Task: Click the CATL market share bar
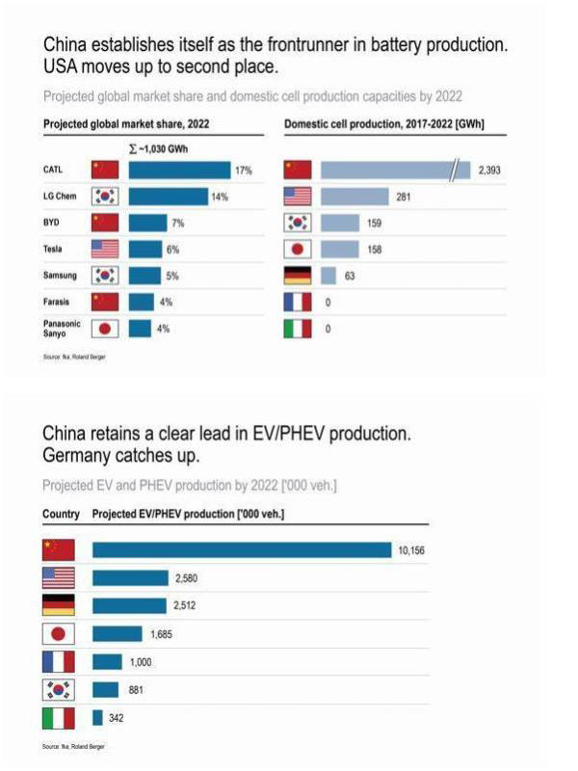click(x=179, y=171)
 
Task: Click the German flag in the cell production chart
click(x=299, y=276)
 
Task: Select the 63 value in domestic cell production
click(x=351, y=276)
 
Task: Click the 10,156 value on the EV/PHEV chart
click(x=410, y=549)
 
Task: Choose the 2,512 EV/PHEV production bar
click(x=130, y=605)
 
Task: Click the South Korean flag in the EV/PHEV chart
click(x=58, y=689)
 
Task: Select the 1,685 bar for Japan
click(x=118, y=633)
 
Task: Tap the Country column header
click(x=61, y=515)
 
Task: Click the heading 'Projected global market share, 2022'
click(x=127, y=124)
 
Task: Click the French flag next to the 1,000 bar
click(x=58, y=661)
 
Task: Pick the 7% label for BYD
click(x=175, y=223)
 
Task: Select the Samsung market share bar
click(x=144, y=276)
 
